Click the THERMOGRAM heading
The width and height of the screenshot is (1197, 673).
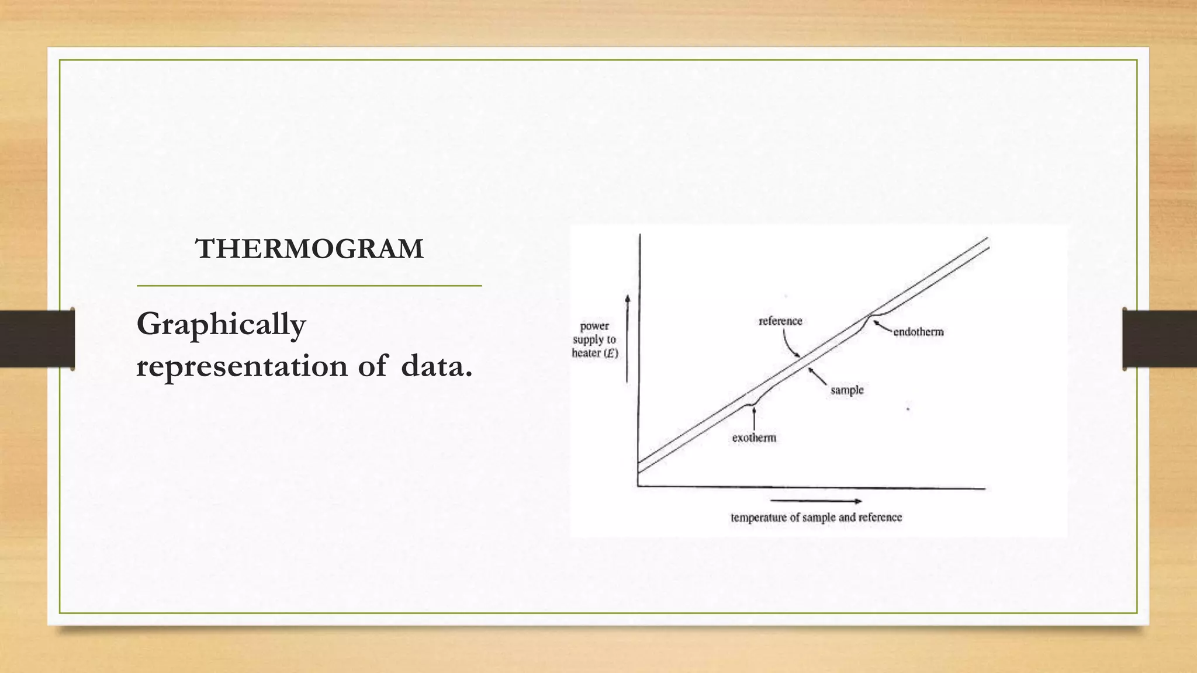tap(309, 249)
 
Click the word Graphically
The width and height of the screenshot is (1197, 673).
tap(221, 325)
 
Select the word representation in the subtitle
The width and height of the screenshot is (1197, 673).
tap(242, 367)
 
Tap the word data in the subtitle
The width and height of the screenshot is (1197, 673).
tap(436, 366)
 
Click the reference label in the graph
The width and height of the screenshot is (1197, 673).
tap(780, 321)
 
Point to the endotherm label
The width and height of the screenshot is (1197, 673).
tap(918, 332)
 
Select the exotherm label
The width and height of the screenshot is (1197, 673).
tap(754, 438)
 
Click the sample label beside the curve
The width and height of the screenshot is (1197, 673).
tap(847, 390)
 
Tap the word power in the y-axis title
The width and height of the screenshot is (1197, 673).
tap(594, 326)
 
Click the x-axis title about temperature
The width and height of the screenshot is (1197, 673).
tap(816, 517)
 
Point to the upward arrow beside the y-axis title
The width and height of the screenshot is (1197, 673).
tap(628, 339)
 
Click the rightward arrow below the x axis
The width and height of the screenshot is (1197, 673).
tap(816, 501)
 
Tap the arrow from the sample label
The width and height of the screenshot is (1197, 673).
tap(818, 376)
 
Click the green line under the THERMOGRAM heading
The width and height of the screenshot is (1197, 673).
tap(309, 286)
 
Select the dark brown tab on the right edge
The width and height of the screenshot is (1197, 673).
tap(1160, 339)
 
